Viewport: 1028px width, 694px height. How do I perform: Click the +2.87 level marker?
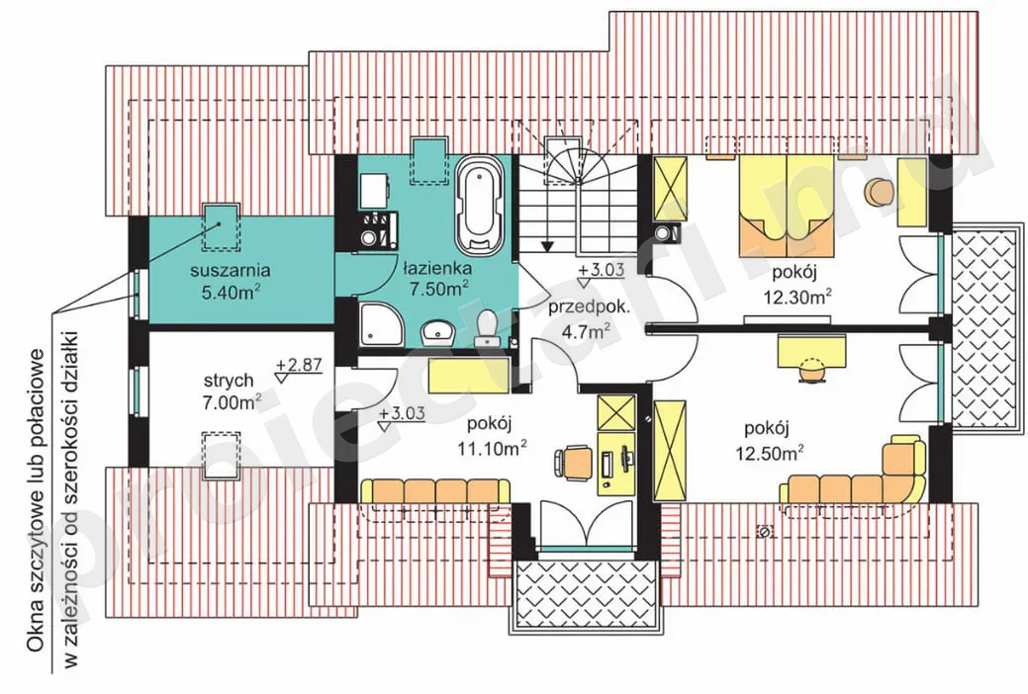click(x=299, y=365)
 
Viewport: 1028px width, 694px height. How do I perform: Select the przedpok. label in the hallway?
click(x=590, y=307)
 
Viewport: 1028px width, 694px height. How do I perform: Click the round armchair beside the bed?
click(x=879, y=192)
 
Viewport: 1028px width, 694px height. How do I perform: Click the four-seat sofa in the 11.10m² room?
click(x=436, y=491)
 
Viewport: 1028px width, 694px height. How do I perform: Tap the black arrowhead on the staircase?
click(x=547, y=246)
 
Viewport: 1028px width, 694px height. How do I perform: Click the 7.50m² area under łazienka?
click(x=438, y=289)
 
